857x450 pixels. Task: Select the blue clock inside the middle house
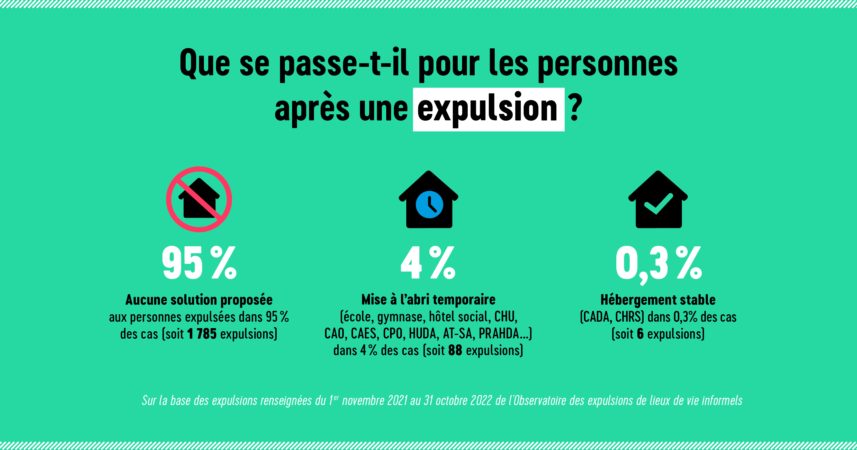429,204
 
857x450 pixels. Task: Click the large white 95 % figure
199,263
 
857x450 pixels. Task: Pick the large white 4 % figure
428,263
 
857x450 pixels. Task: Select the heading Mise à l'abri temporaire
428,300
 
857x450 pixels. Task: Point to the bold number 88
455,350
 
